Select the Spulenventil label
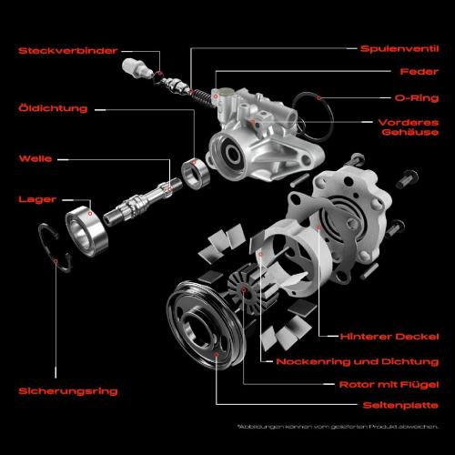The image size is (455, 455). click(400, 48)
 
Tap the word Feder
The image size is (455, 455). click(420, 72)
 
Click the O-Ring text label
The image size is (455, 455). click(414, 96)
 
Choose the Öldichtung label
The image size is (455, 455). click(53, 108)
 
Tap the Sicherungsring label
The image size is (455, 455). click(68, 391)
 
